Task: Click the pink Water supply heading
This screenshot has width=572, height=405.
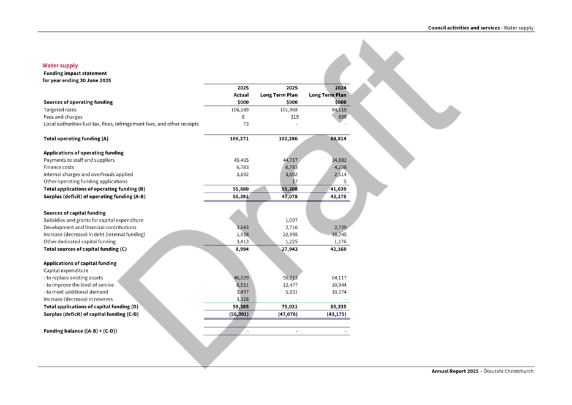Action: coord(60,66)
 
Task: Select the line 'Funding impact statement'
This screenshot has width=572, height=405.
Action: coord(67,73)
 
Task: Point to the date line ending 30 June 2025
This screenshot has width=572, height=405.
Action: coord(77,80)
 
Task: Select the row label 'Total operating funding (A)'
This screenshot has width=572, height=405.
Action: coord(76,138)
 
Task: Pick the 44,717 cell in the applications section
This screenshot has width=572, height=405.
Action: coord(289,160)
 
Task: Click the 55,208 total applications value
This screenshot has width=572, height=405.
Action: coord(288,189)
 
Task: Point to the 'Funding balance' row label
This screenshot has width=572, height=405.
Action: coord(80,331)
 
